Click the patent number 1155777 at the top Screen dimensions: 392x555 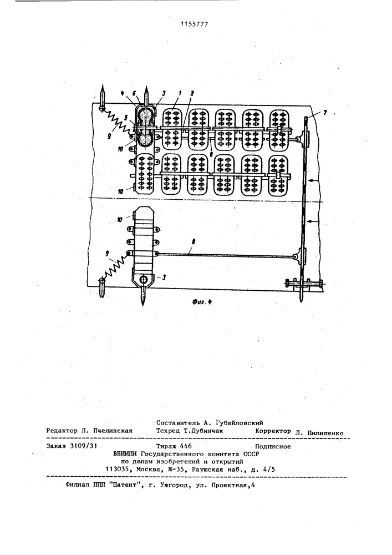click(x=195, y=24)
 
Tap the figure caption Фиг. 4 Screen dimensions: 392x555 click(x=202, y=301)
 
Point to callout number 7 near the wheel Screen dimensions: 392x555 click(x=325, y=113)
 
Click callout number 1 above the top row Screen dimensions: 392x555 click(x=179, y=93)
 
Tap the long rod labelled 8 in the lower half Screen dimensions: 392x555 click(x=226, y=255)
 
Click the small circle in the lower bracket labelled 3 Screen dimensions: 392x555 click(x=144, y=279)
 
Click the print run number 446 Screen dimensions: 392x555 click(x=186, y=446)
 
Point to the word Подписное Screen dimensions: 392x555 click(x=273, y=446)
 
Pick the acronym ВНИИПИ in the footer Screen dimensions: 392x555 click(x=125, y=454)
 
